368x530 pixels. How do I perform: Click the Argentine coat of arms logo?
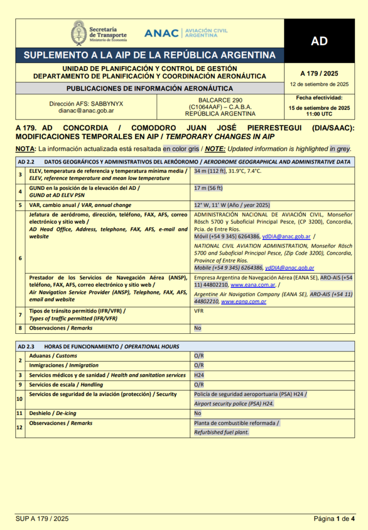(x=79, y=33)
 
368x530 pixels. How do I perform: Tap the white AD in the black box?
(x=319, y=41)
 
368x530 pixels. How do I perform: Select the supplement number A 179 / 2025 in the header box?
(x=319, y=73)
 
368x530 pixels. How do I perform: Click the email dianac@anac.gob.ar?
(x=86, y=111)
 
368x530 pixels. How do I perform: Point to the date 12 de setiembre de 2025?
(x=319, y=84)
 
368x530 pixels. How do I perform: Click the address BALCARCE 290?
(x=220, y=100)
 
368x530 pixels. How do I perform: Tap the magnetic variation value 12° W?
(x=204, y=205)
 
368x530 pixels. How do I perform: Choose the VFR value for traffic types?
(x=199, y=312)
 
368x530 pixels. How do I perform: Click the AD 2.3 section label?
(x=25, y=346)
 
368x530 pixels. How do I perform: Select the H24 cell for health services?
(x=199, y=375)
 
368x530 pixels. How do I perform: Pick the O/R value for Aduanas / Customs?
(x=199, y=356)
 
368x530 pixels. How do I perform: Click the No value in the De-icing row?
(x=197, y=414)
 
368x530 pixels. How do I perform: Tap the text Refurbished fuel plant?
(x=221, y=432)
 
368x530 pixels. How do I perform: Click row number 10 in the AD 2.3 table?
(x=20, y=399)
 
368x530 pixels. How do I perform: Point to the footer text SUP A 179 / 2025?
(x=42, y=518)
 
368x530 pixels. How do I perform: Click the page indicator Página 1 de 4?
(x=334, y=518)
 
